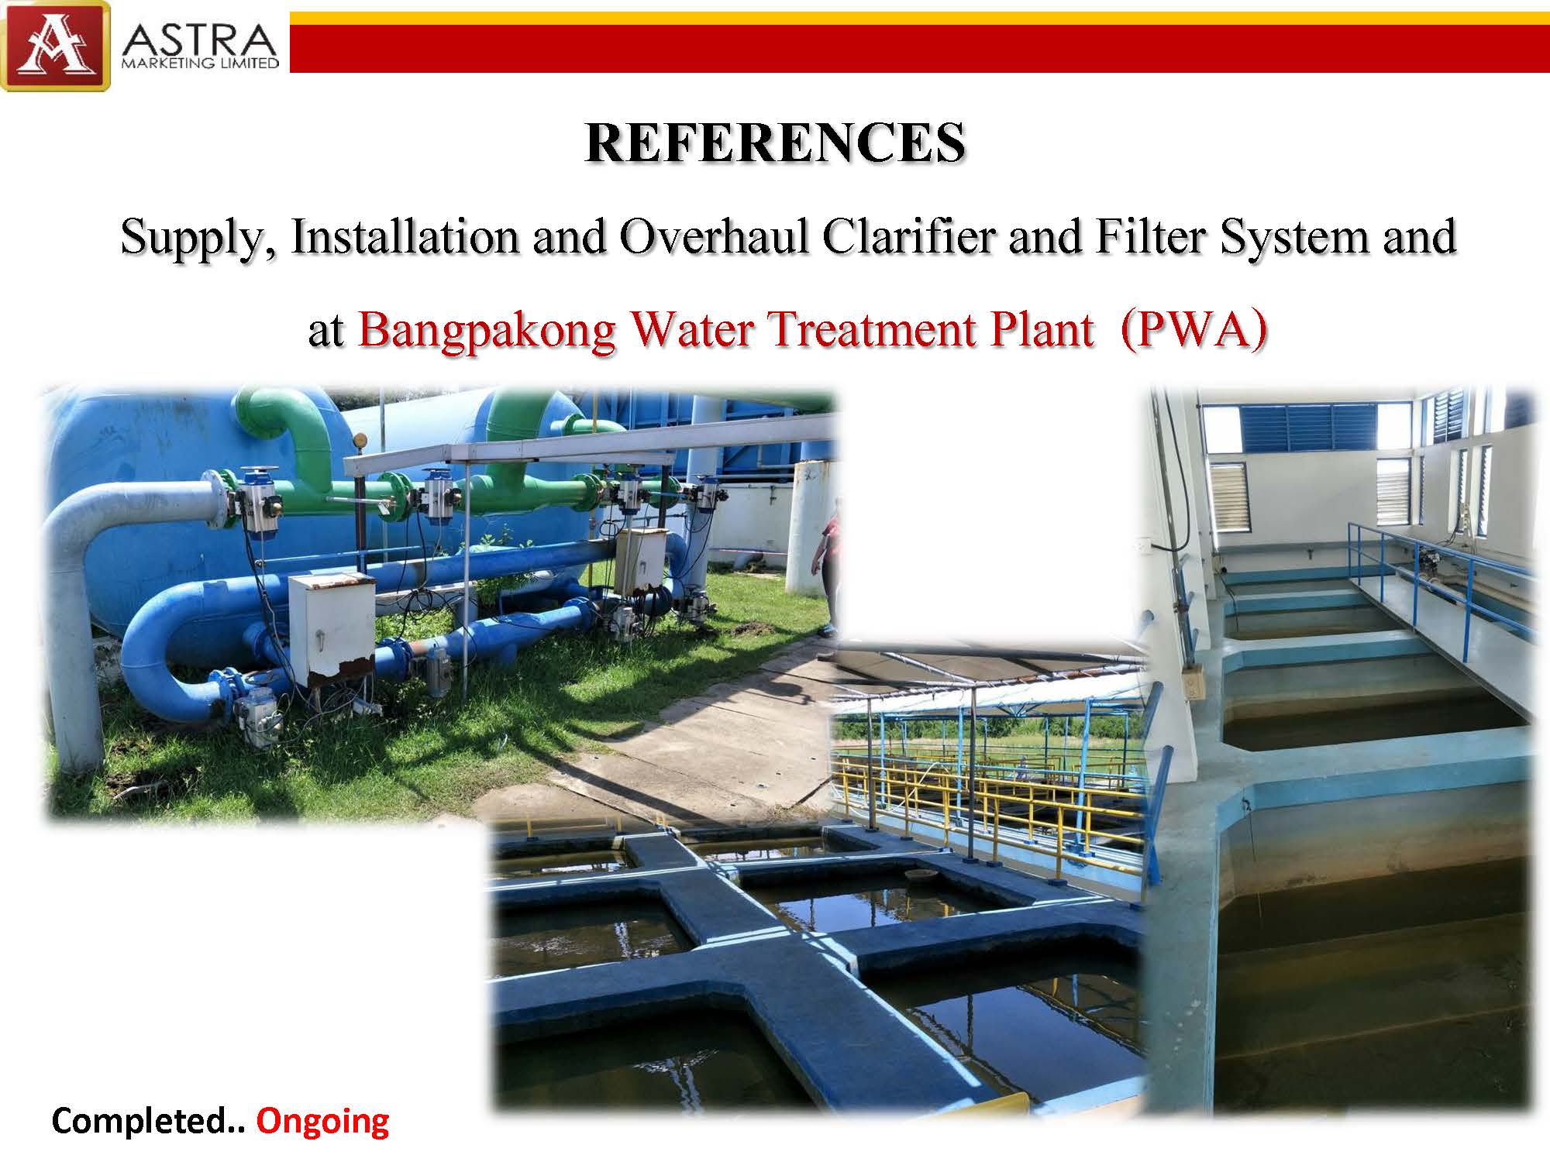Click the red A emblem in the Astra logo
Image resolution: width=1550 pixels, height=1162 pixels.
click(x=55, y=46)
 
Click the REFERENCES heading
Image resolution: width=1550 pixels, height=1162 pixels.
click(x=775, y=143)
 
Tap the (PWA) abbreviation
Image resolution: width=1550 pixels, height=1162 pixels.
click(x=1193, y=330)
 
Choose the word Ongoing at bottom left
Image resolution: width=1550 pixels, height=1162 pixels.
click(x=322, y=1122)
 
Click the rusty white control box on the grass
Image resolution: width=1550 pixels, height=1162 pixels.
click(x=331, y=630)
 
